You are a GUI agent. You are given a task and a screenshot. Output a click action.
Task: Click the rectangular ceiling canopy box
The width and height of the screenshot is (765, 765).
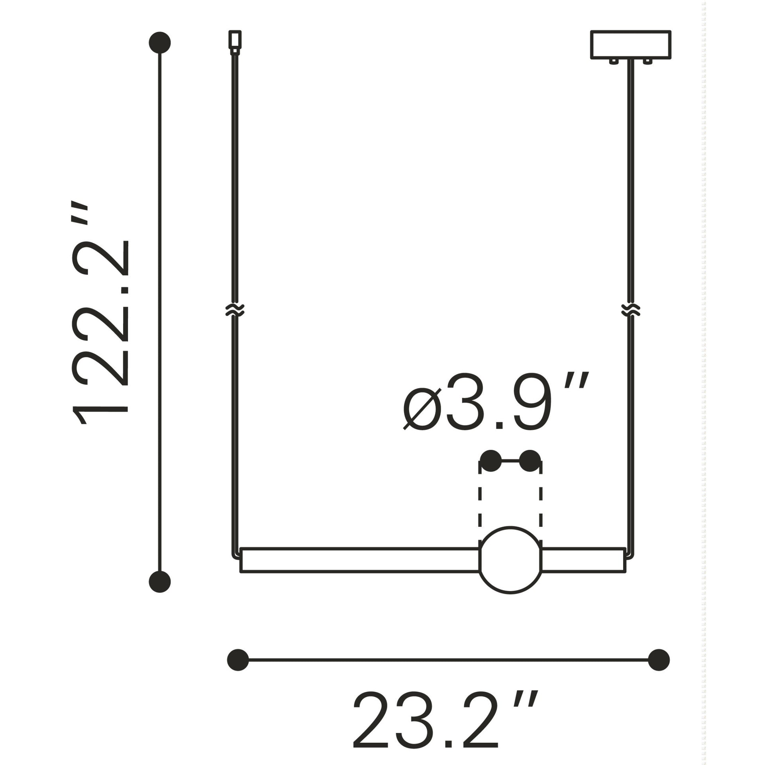coord(630,45)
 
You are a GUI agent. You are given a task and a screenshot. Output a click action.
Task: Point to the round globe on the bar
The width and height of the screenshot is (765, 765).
coord(511,566)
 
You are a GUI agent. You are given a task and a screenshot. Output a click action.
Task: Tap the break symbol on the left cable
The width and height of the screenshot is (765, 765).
coord(235,310)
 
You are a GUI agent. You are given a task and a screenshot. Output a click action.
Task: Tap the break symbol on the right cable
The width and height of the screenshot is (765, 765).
coord(631,310)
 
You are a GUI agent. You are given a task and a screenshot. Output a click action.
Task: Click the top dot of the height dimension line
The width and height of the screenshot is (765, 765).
coord(160,42)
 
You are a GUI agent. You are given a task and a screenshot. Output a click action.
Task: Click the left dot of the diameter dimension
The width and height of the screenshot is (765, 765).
coord(491,461)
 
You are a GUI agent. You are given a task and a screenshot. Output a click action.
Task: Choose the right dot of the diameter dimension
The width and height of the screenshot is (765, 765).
coord(530,461)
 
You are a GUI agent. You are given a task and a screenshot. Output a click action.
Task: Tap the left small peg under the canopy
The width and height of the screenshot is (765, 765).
coord(612,61)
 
